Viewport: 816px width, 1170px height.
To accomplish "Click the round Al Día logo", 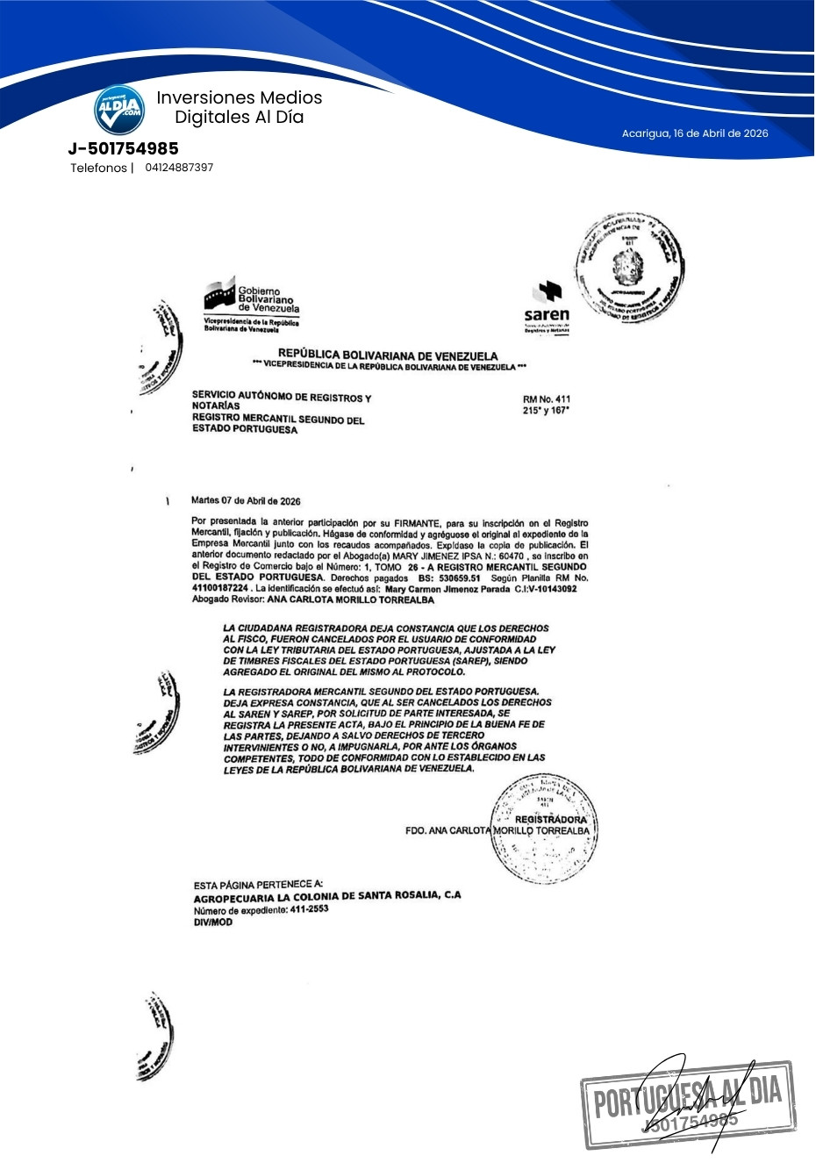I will (x=119, y=110).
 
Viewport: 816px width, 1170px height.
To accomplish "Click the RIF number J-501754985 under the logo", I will (x=123, y=148).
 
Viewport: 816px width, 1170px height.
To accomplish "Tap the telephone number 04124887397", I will (x=179, y=168).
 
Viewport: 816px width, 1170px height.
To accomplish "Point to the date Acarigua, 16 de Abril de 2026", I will (x=695, y=133).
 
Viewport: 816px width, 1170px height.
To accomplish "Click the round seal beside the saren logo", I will (x=628, y=268).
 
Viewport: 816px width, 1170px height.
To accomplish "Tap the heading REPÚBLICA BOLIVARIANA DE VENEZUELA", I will (x=388, y=355).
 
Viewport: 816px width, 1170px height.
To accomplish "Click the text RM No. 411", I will (x=546, y=399).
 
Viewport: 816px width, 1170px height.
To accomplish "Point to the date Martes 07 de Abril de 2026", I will (x=246, y=501).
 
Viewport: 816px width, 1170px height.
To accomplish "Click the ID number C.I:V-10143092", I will (x=546, y=589).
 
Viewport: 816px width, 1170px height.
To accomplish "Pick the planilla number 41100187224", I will (x=221, y=589).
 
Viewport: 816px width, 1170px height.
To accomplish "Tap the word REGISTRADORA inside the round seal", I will (x=550, y=819).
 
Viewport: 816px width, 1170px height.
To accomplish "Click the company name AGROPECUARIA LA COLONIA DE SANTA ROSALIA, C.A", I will (x=326, y=897).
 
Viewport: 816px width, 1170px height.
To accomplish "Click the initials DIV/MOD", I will (x=213, y=922).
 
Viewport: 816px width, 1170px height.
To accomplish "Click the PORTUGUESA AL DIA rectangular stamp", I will (x=688, y=1104).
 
